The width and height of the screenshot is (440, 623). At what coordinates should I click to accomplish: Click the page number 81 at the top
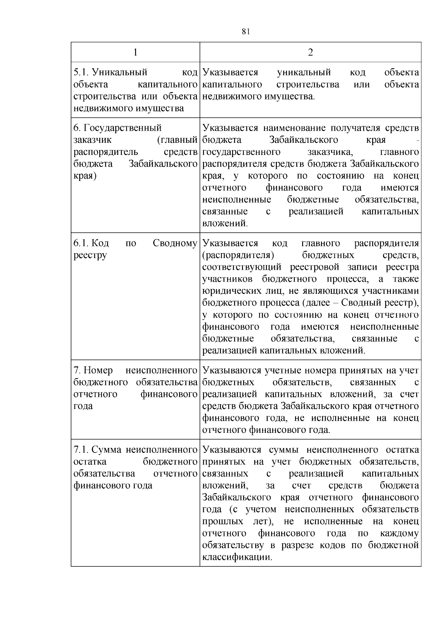coord(246,32)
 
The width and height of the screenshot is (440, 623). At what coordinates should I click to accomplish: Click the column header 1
coord(135,52)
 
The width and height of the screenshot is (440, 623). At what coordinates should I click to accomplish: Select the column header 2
coord(310,52)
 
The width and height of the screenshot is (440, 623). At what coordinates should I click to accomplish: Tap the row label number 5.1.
coord(80,72)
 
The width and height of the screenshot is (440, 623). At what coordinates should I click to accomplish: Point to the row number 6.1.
coord(80,243)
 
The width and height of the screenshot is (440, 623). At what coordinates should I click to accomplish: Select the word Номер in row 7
coord(98,371)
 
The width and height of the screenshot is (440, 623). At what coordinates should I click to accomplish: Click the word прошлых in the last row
coord(223,522)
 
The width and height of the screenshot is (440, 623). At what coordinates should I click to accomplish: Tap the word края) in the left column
coord(85,176)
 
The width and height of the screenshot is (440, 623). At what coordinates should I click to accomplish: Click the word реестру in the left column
coord(90,256)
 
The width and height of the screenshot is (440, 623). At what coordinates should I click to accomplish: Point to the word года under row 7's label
coord(83,406)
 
